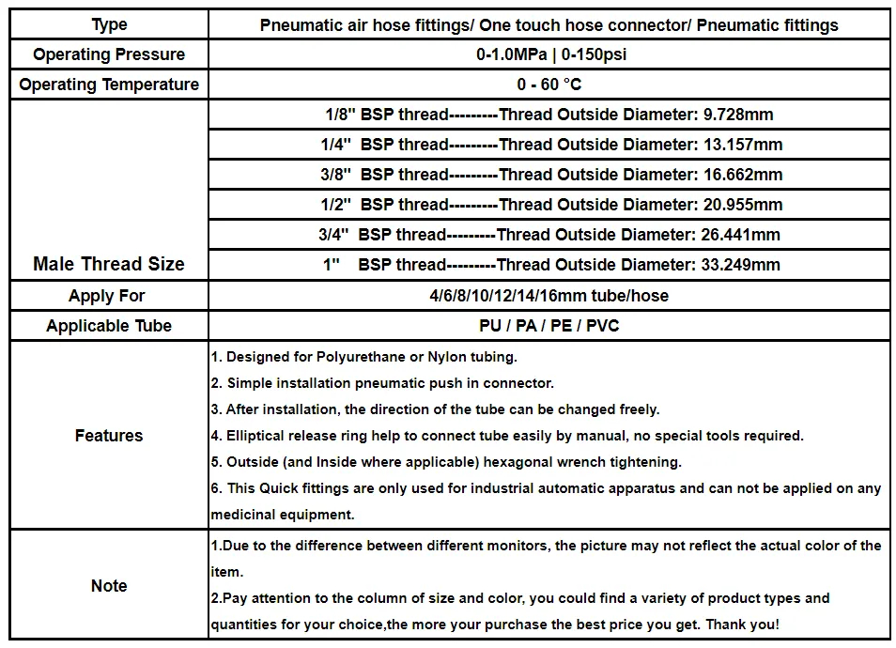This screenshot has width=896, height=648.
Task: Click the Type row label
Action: click(x=109, y=24)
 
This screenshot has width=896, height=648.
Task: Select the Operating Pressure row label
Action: click(x=109, y=54)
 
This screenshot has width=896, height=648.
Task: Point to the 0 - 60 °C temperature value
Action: click(x=549, y=85)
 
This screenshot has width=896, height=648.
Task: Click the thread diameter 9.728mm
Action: click(x=738, y=115)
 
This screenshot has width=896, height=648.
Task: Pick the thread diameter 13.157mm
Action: click(x=743, y=145)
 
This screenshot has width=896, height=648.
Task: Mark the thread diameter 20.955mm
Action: click(x=743, y=205)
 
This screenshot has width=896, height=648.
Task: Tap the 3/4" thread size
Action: click(x=333, y=235)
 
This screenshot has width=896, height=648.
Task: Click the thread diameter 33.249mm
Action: click(x=741, y=265)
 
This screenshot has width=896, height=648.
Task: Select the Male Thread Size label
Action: click(x=109, y=264)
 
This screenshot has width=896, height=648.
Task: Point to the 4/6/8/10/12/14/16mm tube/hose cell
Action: click(x=549, y=296)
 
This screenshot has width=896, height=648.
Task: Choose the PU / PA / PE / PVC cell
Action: click(x=549, y=326)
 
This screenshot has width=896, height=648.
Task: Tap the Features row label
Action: click(x=109, y=436)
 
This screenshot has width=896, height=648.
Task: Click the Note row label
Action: click(x=109, y=586)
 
